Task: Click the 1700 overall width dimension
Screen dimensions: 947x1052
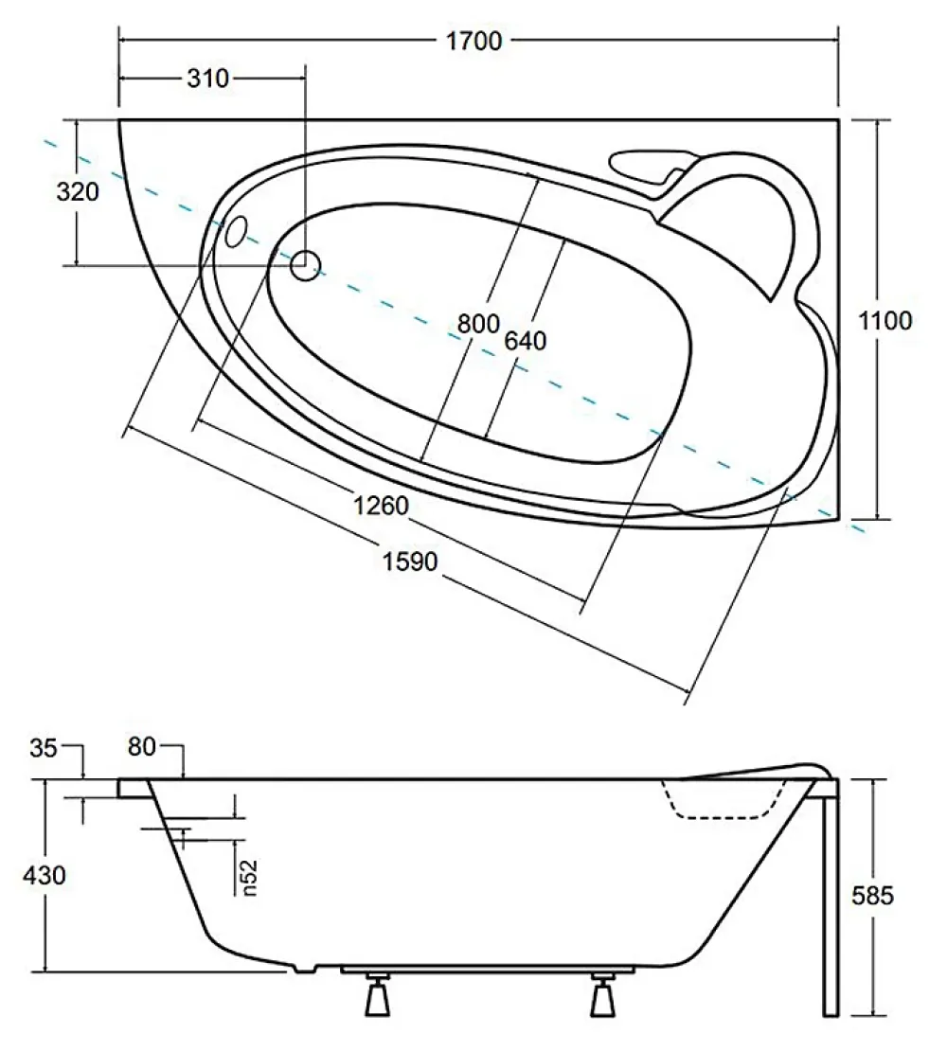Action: pos(473,41)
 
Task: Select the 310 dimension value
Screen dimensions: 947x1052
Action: pos(208,79)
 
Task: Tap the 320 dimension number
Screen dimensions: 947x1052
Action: pos(78,192)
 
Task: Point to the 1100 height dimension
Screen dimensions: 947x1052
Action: pos(885,321)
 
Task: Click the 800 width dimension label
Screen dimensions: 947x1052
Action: pos(478,324)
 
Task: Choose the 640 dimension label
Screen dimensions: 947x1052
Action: pos(526,341)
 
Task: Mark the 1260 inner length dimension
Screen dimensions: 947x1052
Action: pos(382,506)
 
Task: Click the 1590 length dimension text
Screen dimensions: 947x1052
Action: pos(410,561)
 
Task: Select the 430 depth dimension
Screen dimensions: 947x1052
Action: pos(45,875)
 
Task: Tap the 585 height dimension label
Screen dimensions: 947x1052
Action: pos(872,896)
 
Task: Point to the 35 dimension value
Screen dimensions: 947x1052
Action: pos(44,748)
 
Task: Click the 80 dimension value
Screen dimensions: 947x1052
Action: pos(142,747)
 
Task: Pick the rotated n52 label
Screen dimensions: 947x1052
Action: pos(249,878)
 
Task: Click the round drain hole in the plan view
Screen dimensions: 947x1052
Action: pos(305,266)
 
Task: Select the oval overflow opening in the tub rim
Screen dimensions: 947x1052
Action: pos(237,231)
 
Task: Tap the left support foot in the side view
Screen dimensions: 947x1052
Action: pos(379,994)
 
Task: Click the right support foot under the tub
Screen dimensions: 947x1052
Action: pos(602,994)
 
